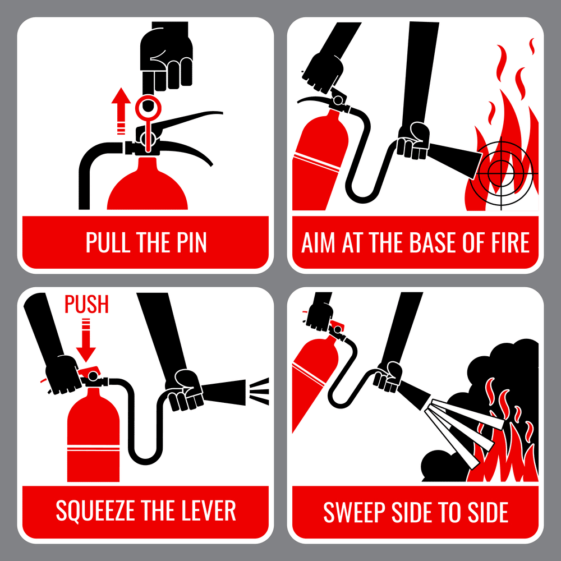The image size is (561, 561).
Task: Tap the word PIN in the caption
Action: pyautogui.click(x=188, y=242)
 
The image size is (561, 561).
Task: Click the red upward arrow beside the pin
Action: pyautogui.click(x=119, y=109)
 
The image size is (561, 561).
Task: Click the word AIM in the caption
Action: pyautogui.click(x=319, y=242)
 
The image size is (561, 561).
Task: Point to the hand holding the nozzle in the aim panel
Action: pyautogui.click(x=413, y=140)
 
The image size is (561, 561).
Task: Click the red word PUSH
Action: pyautogui.click(x=86, y=305)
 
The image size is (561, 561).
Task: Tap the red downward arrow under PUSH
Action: pyautogui.click(x=86, y=342)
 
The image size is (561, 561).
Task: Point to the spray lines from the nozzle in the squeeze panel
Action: pyautogui.click(x=259, y=387)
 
